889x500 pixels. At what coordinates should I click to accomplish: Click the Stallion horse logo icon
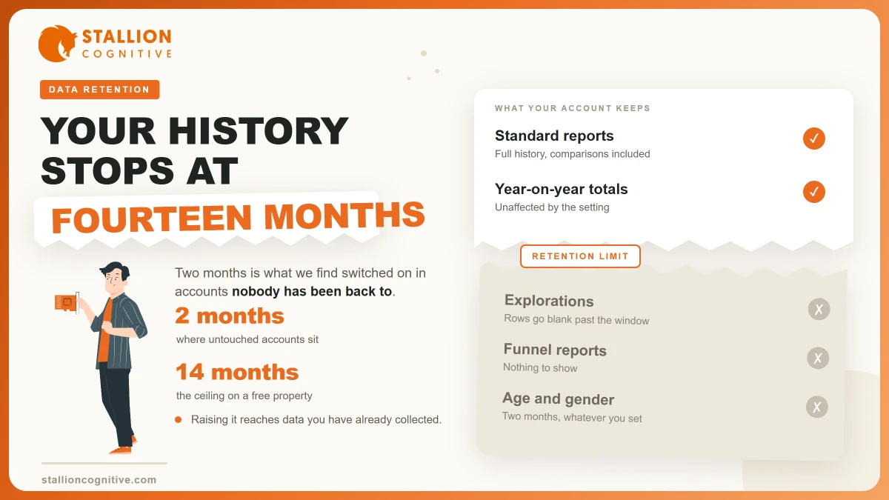(x=58, y=44)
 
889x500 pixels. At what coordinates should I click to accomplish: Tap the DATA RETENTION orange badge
(x=99, y=90)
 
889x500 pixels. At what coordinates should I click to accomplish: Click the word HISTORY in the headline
(x=259, y=130)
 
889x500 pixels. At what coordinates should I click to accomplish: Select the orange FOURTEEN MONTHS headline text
(x=238, y=217)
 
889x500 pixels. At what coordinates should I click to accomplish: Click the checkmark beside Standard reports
(x=814, y=139)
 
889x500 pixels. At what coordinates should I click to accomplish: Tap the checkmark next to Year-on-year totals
(x=814, y=192)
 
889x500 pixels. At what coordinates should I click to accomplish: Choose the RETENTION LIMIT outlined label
(x=580, y=256)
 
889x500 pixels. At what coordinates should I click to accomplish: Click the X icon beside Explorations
(x=819, y=309)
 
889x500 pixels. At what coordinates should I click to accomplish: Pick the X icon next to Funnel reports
(x=818, y=358)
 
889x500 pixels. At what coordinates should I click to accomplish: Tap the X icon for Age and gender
(x=816, y=407)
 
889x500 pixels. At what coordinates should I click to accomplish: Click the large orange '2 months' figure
(x=230, y=316)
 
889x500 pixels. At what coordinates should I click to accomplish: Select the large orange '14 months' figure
(x=237, y=372)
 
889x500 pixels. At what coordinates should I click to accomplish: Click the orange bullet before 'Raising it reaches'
(x=179, y=420)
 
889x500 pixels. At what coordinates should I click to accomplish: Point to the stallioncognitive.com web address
(x=99, y=480)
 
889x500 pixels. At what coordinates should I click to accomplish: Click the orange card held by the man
(x=65, y=302)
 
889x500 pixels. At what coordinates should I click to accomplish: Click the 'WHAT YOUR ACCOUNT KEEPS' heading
(x=572, y=108)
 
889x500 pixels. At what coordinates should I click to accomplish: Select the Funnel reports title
(x=555, y=350)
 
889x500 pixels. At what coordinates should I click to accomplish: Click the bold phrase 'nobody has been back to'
(x=312, y=291)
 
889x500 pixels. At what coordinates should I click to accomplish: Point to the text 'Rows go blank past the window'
(x=576, y=319)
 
